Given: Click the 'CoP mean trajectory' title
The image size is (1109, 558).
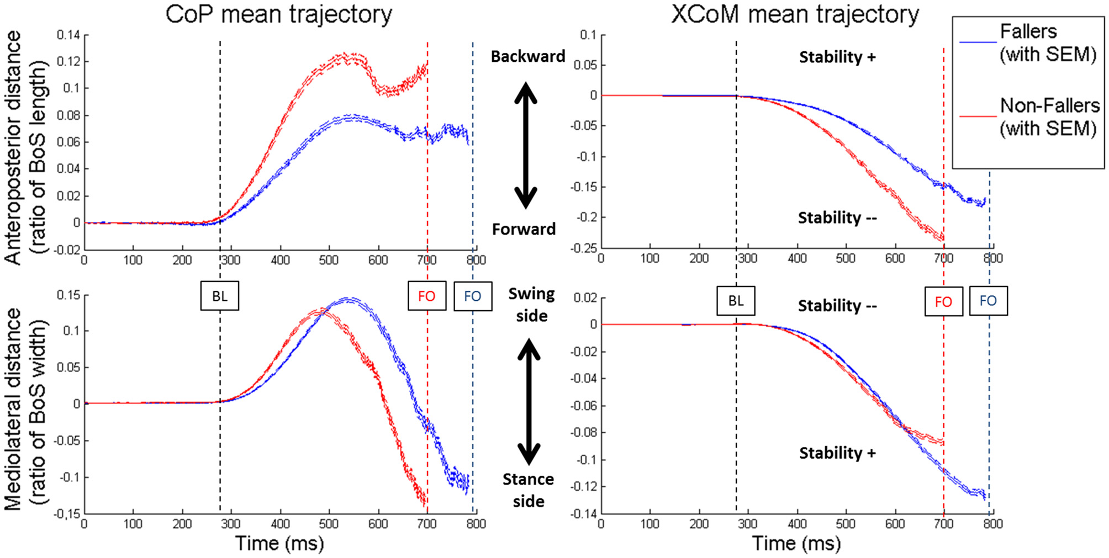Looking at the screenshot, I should click(278, 14).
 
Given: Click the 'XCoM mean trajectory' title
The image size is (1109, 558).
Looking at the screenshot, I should click(795, 14).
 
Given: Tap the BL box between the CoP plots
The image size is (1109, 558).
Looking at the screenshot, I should click(220, 296).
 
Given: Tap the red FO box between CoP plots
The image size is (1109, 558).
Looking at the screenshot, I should click(426, 296).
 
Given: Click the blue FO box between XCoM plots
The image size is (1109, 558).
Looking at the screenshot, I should click(988, 301).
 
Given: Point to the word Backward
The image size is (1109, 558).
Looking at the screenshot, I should click(528, 56).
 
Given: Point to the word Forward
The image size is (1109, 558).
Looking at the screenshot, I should click(524, 229).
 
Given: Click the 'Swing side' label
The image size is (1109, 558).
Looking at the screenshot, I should click(531, 305).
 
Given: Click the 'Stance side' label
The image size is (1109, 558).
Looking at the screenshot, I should click(528, 490).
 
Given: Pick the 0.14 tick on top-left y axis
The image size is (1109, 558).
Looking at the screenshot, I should click(68, 35).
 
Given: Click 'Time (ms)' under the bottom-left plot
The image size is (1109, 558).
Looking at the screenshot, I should click(279, 544).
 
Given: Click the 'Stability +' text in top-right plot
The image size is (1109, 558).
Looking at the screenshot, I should click(837, 57).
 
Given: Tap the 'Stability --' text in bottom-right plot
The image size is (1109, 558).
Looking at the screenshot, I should click(837, 306).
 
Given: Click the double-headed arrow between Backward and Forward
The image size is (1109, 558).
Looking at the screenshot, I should click(526, 145).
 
